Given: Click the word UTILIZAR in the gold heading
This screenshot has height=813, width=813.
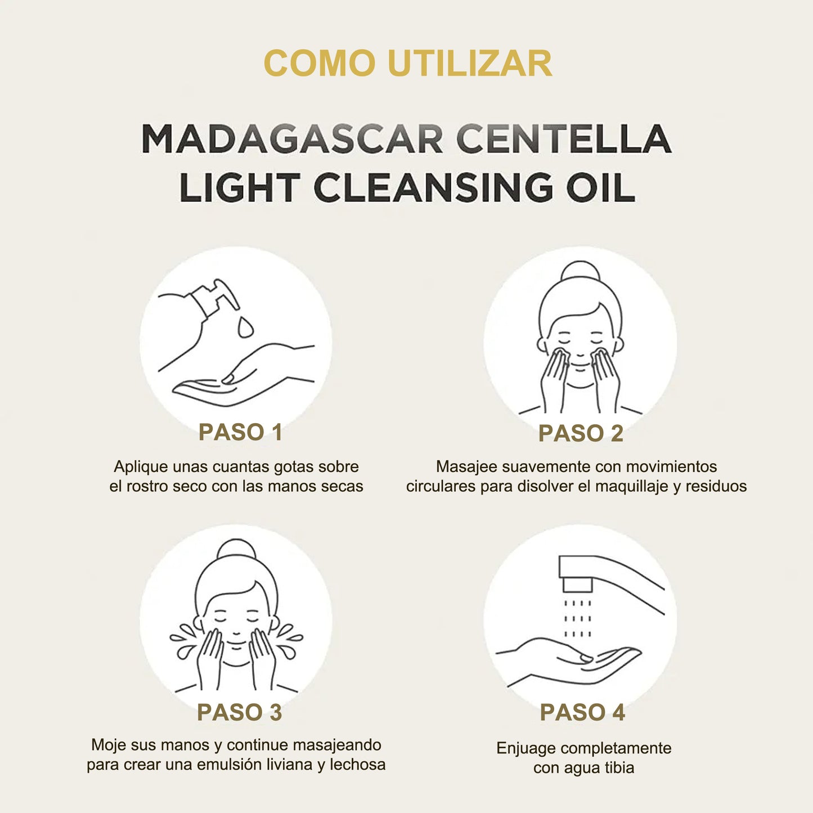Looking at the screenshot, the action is (x=470, y=63).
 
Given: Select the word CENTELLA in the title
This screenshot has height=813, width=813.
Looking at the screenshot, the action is (x=564, y=139).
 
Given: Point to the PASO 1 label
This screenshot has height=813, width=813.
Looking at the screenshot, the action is (x=240, y=432).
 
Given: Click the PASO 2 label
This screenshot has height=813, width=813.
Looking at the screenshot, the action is (x=581, y=433).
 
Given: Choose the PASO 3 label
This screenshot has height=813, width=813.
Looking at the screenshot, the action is (x=239, y=712).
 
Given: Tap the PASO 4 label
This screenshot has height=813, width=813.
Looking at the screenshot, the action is (x=582, y=712).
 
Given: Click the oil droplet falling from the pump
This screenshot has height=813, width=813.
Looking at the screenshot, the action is (x=245, y=327).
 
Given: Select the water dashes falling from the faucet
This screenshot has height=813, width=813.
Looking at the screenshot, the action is (x=577, y=618).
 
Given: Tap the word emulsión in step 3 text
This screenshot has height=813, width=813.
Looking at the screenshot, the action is (x=227, y=765).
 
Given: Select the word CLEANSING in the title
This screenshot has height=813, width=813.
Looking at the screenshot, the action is (x=433, y=187).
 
